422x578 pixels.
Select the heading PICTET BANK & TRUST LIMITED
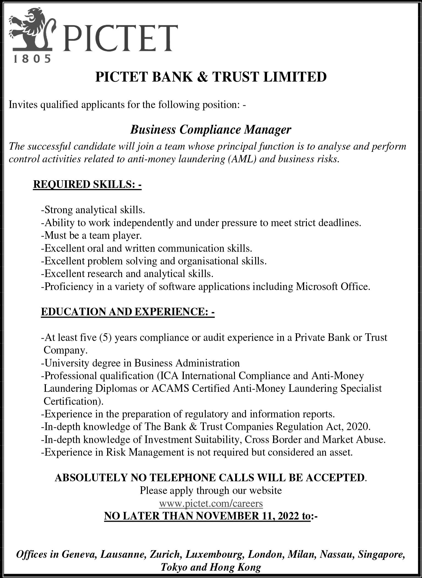pos(211,77)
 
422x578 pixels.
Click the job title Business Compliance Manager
pos(210,129)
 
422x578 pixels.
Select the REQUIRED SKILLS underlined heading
pos(87,184)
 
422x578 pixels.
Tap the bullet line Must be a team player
pos(91,236)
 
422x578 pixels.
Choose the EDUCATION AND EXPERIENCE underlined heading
pos(127,312)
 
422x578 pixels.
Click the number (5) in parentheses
pos(105,337)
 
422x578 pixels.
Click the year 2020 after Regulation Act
pos(358,427)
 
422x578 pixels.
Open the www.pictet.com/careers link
pos(211,503)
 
